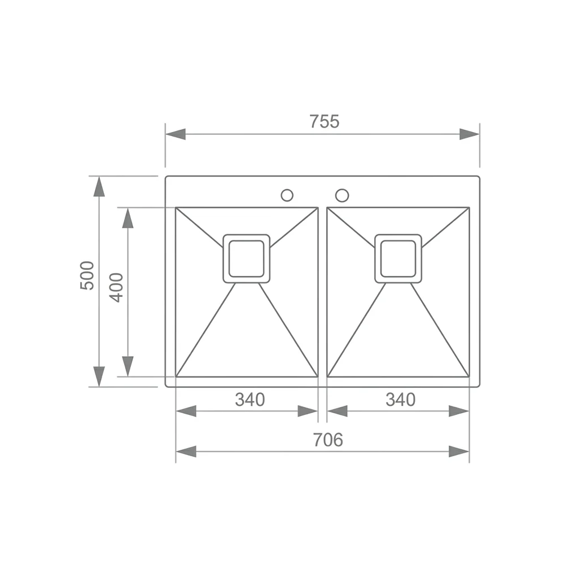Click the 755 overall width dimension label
tap(325, 121)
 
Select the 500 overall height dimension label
tap(87, 275)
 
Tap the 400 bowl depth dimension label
tap(117, 287)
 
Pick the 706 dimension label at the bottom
tap(328, 439)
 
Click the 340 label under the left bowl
tap(250, 399)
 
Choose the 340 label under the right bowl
tap(400, 399)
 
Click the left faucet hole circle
tap(287, 195)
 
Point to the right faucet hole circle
tap(342, 195)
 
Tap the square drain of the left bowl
tap(247, 259)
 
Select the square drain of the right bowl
tap(398, 259)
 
